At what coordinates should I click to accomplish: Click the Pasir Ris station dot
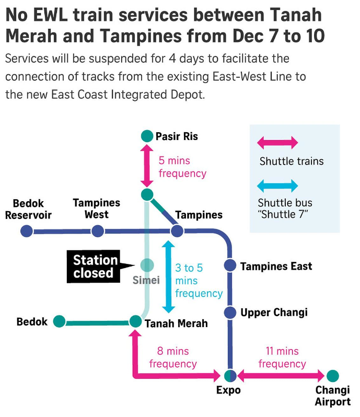coord(147,136)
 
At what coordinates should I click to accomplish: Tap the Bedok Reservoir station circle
coord(26,231)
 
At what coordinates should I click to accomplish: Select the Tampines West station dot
coord(97,231)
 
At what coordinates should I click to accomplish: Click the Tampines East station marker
coord(230,265)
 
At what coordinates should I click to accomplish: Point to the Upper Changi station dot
coord(230,312)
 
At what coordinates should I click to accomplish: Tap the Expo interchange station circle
coord(230,375)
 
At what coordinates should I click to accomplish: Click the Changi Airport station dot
coord(332,375)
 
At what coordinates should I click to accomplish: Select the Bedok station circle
coord(59,321)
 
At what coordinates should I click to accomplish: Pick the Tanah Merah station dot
coord(135,321)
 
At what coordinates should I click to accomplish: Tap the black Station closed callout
coord(93,267)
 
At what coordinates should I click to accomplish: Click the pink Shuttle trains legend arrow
coord(277,143)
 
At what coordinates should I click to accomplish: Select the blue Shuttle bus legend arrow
coord(277,186)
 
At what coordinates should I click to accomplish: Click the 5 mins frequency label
coord(182,167)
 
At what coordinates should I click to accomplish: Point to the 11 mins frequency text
coord(282,357)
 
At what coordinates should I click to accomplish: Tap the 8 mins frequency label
coord(173,357)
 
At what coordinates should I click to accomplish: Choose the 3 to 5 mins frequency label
coord(198,281)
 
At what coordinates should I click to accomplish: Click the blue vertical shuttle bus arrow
coord(168,276)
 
